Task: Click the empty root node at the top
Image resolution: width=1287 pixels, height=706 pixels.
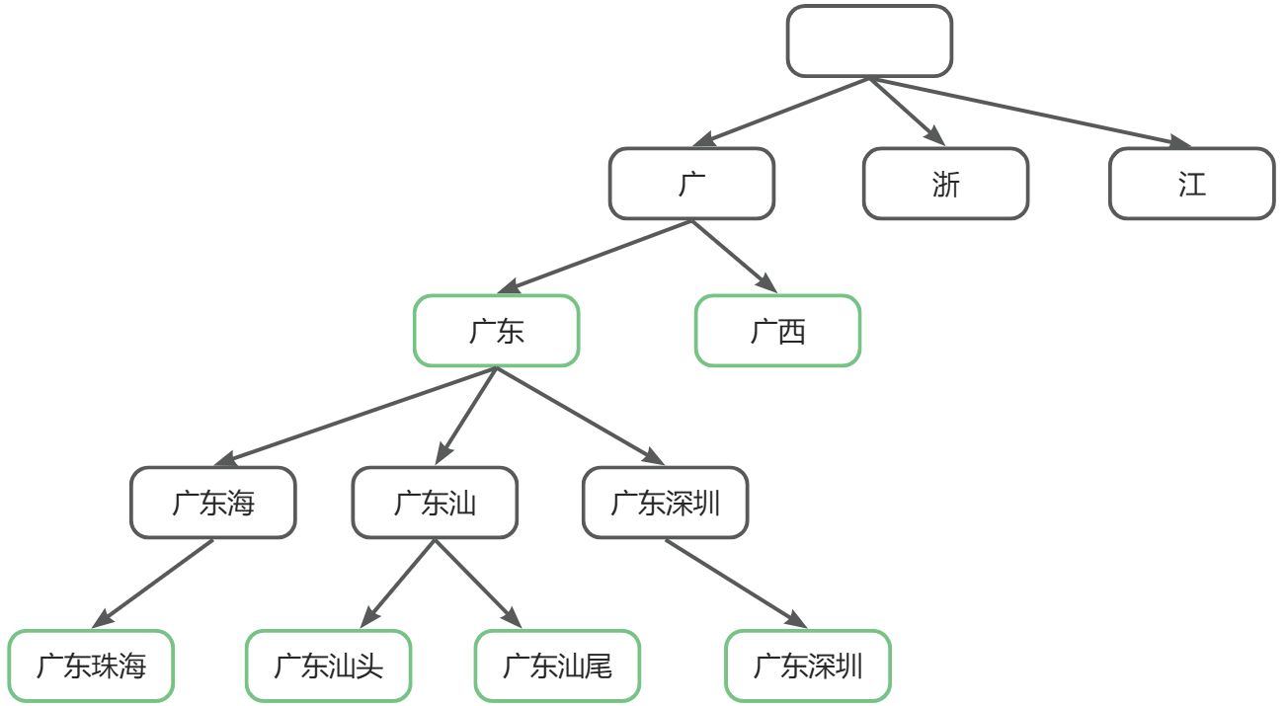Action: pos(869,41)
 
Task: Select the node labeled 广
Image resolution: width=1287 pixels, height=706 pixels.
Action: pos(691,184)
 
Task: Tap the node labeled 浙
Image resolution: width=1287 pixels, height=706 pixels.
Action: pos(945,184)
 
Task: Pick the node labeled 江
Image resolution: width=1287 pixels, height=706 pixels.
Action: pos(1191,184)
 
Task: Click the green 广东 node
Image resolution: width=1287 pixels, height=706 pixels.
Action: pos(496,331)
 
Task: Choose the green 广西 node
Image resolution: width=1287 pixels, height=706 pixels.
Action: pos(777,331)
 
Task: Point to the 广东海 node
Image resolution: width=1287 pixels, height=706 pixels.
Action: pos(212,503)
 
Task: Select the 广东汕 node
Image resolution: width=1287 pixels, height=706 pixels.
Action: pos(435,503)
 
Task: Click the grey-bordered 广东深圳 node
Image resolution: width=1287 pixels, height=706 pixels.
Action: pos(665,503)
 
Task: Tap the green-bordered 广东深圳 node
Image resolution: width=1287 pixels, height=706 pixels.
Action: pos(808,666)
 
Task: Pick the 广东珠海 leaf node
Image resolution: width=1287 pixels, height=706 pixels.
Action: pos(91,666)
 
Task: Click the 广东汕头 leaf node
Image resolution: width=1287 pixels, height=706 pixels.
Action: pos(328,666)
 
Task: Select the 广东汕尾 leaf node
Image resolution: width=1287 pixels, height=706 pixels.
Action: pos(557,666)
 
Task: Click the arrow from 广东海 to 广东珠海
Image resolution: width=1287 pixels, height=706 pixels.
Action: pos(152,584)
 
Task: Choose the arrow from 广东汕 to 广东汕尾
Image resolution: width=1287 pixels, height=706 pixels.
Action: pos(478,584)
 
